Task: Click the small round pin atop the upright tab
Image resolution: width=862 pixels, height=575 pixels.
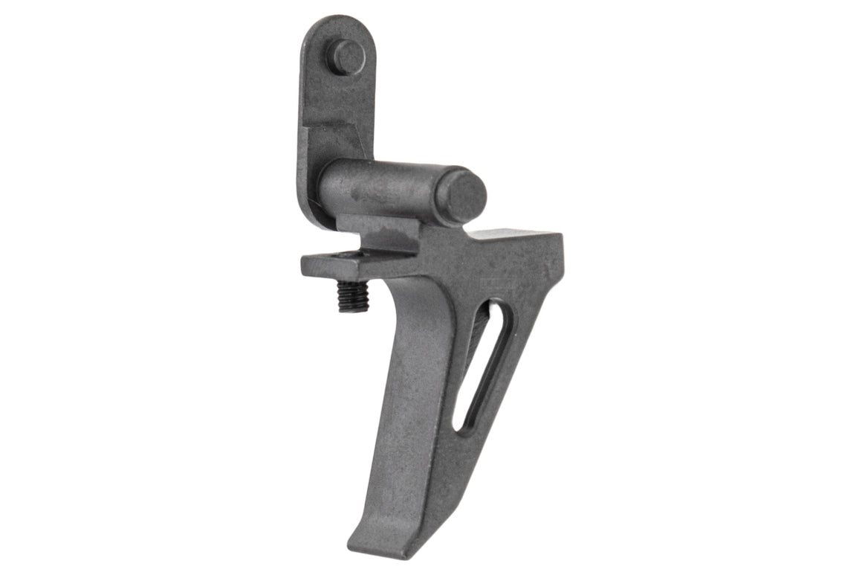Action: [x=347, y=57]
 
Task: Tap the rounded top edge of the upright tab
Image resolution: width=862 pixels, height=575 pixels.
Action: [x=334, y=22]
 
